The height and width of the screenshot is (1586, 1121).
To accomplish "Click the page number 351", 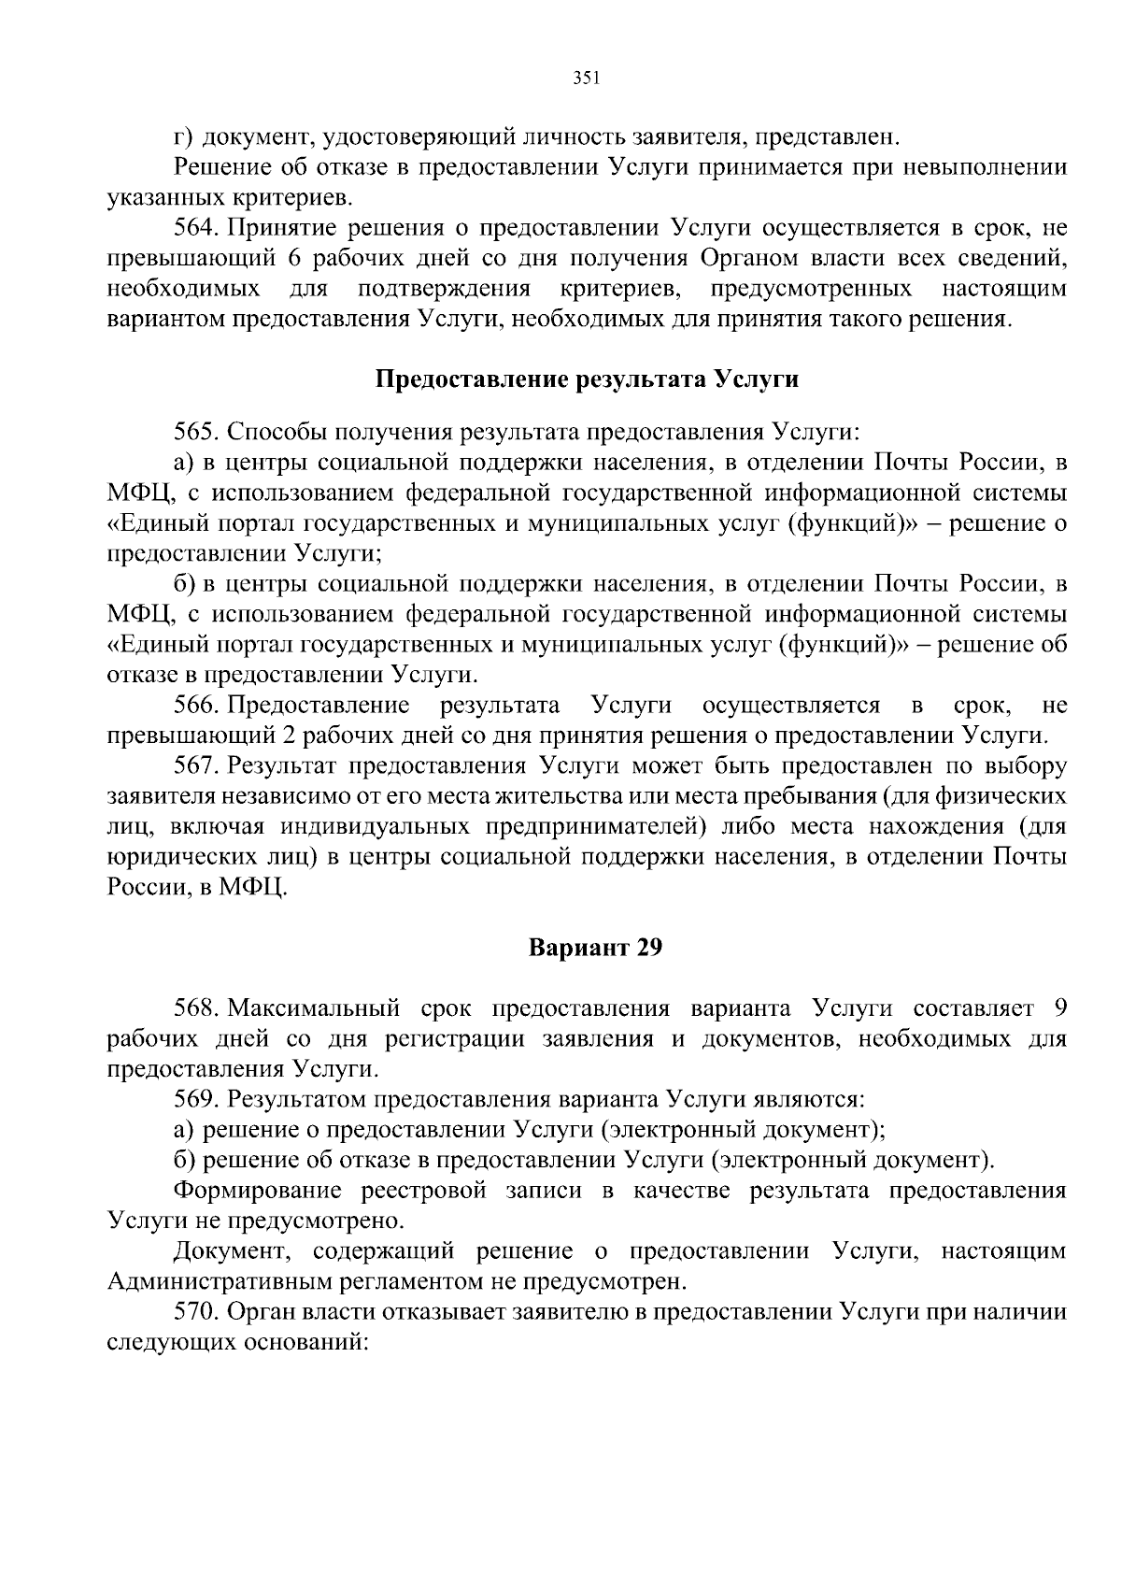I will pyautogui.click(x=585, y=79).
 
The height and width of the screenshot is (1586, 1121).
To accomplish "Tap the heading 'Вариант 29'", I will pyautogui.click(x=595, y=948).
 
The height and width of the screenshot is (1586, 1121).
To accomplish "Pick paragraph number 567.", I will pyautogui.click(x=195, y=766).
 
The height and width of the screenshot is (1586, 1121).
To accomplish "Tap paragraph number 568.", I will pyautogui.click(x=195, y=1008).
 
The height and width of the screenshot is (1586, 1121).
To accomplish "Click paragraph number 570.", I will pyautogui.click(x=195, y=1312).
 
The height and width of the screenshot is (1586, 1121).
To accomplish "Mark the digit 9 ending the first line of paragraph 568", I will pyautogui.click(x=1058, y=1008).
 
